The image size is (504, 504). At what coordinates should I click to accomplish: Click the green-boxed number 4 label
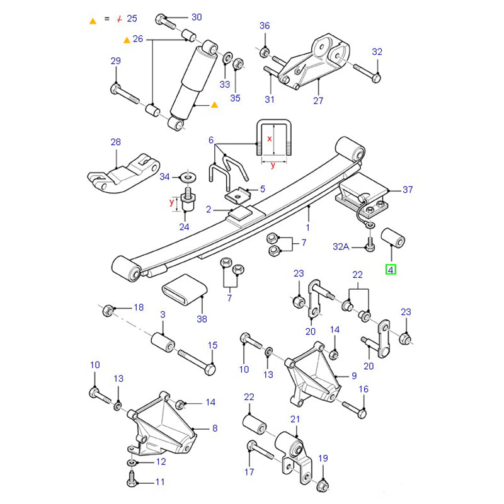click(x=391, y=270)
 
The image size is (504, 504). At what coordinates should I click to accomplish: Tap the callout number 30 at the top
click(x=197, y=17)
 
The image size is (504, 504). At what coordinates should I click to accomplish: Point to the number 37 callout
click(x=408, y=189)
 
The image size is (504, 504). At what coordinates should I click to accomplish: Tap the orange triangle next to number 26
click(x=127, y=40)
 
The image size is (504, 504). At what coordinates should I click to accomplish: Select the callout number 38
click(x=202, y=319)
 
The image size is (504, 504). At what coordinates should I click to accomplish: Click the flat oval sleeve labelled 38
click(x=184, y=290)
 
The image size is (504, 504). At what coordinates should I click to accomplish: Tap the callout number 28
click(x=115, y=142)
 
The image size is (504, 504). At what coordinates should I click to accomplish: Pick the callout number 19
click(x=323, y=459)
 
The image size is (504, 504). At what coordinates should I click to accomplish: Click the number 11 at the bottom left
click(x=160, y=482)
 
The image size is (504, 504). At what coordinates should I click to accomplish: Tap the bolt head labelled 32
click(x=375, y=77)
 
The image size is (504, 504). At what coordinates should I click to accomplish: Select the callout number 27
click(x=318, y=100)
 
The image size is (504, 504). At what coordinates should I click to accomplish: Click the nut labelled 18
click(x=107, y=308)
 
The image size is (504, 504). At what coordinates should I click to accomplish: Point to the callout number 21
click(x=295, y=419)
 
